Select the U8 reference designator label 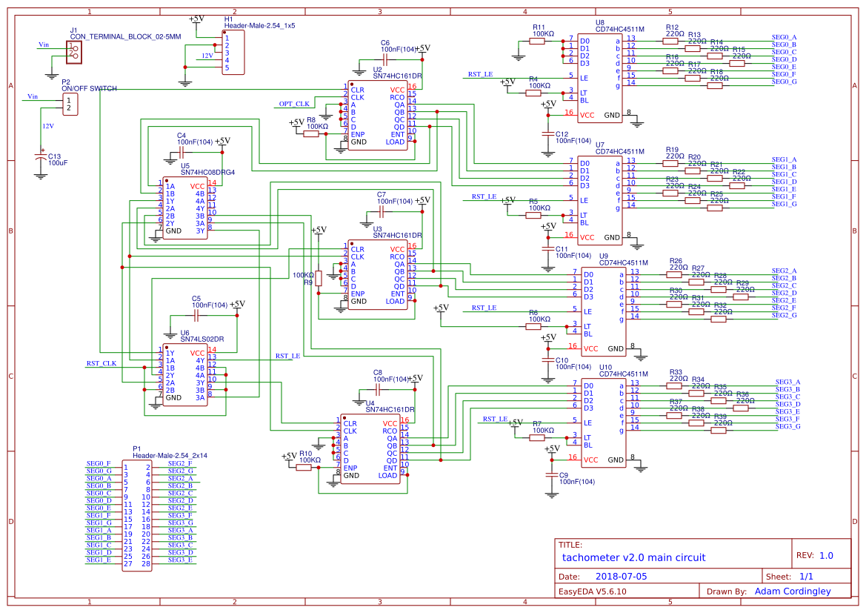coord(599,22)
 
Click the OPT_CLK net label coord(294,103)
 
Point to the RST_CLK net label coord(101,363)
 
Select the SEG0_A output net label coord(784,37)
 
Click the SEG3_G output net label coord(787,426)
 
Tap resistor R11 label coord(539,27)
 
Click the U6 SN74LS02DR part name coord(202,339)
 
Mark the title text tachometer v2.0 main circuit coord(633,557)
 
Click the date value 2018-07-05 coord(621,576)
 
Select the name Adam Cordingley coord(792,592)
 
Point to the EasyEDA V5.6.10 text coord(592,592)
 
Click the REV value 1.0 coord(826,555)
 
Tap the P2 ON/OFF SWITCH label coord(88,89)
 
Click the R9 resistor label coord(308,282)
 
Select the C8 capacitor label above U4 coord(377,372)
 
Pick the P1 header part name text coord(170,454)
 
